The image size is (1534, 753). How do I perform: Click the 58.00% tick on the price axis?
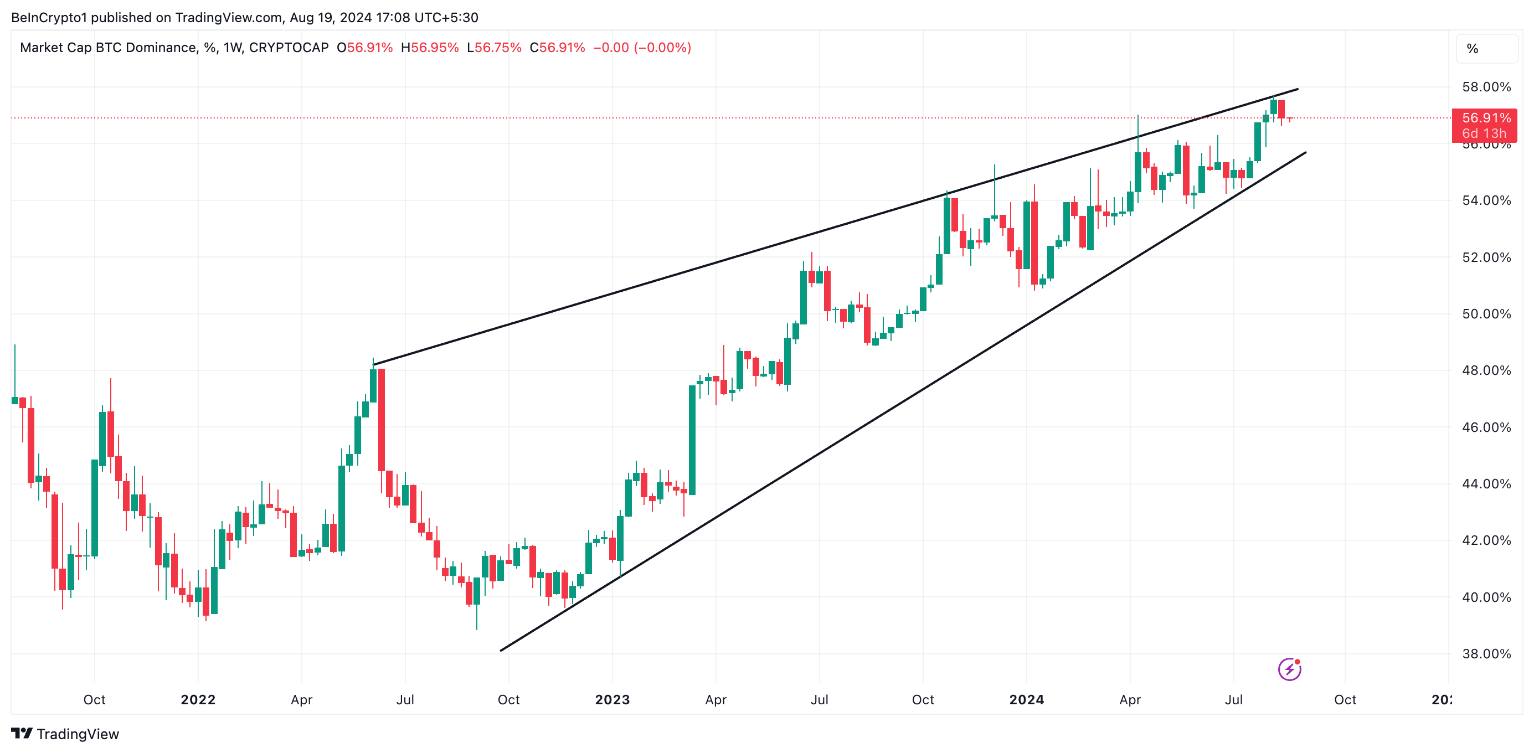pos(1486,87)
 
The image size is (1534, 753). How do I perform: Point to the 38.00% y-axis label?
pos(1486,653)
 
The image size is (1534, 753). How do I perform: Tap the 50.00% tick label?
pos(1486,314)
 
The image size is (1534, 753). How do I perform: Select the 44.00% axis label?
pos(1486,483)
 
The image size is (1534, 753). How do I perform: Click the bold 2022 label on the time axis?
pos(198,699)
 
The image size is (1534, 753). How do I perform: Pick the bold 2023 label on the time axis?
pos(612,699)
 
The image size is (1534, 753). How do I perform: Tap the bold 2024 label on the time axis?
pos(1026,699)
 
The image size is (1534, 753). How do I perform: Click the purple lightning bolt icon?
pos(1289,669)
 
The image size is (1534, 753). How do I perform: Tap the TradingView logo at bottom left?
pos(65,734)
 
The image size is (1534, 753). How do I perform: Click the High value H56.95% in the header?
pos(430,48)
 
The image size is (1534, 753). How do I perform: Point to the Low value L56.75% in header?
pos(495,48)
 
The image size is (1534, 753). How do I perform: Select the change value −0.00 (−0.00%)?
pos(642,48)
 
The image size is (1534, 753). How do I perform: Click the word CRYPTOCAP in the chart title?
pos(289,48)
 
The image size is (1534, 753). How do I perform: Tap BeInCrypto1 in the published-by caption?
pos(49,17)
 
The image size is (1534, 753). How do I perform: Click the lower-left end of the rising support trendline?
pos(501,650)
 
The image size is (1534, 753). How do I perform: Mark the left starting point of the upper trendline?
pos(373,364)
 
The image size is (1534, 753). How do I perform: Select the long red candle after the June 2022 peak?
pos(381,420)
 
